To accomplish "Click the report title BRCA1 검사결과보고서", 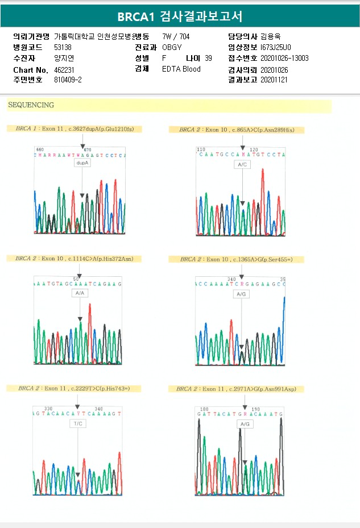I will click(x=180, y=16).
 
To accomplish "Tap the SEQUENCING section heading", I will click(x=31, y=105).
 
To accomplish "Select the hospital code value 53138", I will click(x=63, y=47).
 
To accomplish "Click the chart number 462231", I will click(x=64, y=69).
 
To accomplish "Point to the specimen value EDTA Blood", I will click(x=181, y=69).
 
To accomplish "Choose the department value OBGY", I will click(x=172, y=47).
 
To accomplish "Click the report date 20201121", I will click(x=274, y=80).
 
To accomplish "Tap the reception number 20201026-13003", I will click(x=284, y=58).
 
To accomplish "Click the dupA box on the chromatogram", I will click(x=82, y=163).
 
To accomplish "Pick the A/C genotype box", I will click(x=242, y=164).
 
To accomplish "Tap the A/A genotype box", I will click(x=80, y=293).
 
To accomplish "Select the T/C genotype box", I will click(x=77, y=424).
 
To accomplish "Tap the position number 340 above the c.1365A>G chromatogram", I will click(x=231, y=279).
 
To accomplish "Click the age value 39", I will click(x=208, y=58).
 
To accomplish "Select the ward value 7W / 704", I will click(x=176, y=36).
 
